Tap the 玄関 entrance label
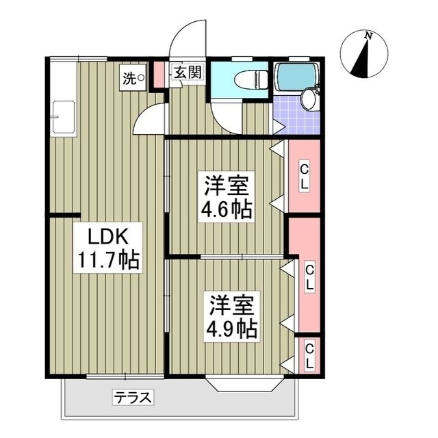click(186, 73)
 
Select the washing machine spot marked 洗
click(133, 77)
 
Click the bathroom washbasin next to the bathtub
click(309, 100)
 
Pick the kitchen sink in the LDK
click(64, 116)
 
